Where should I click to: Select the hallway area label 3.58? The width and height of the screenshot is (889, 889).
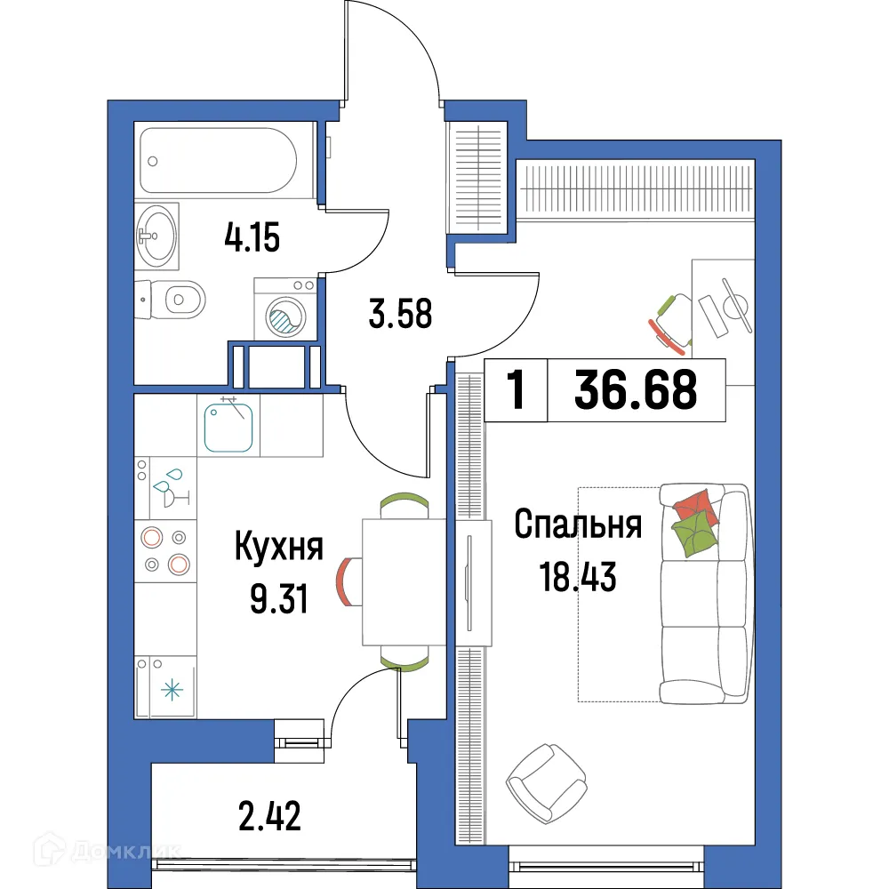[399, 314]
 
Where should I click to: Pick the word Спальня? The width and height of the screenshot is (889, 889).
[578, 525]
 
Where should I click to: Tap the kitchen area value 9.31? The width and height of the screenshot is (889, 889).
[278, 601]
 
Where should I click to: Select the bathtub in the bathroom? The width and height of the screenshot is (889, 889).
[219, 160]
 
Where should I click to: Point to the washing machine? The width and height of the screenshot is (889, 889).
[285, 310]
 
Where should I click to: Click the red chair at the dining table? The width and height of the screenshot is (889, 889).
[347, 582]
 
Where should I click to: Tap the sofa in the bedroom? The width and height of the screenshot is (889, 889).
[705, 594]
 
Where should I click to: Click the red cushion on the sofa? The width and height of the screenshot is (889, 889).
[694, 508]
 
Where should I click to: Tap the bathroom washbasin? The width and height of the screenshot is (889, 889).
[158, 235]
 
